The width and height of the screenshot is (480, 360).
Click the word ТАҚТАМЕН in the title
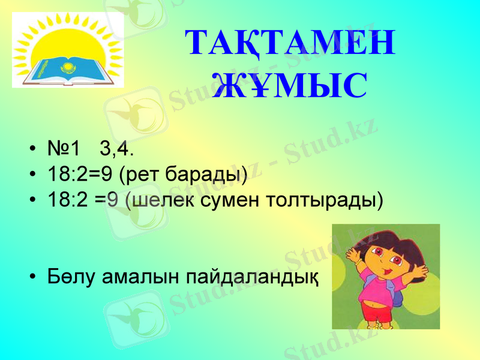click(x=290, y=43)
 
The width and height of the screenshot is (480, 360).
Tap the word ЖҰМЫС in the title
click(x=290, y=85)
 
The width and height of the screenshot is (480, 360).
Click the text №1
click(x=64, y=149)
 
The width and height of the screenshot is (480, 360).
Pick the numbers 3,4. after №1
click(x=118, y=149)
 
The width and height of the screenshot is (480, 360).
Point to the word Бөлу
click(x=71, y=276)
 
